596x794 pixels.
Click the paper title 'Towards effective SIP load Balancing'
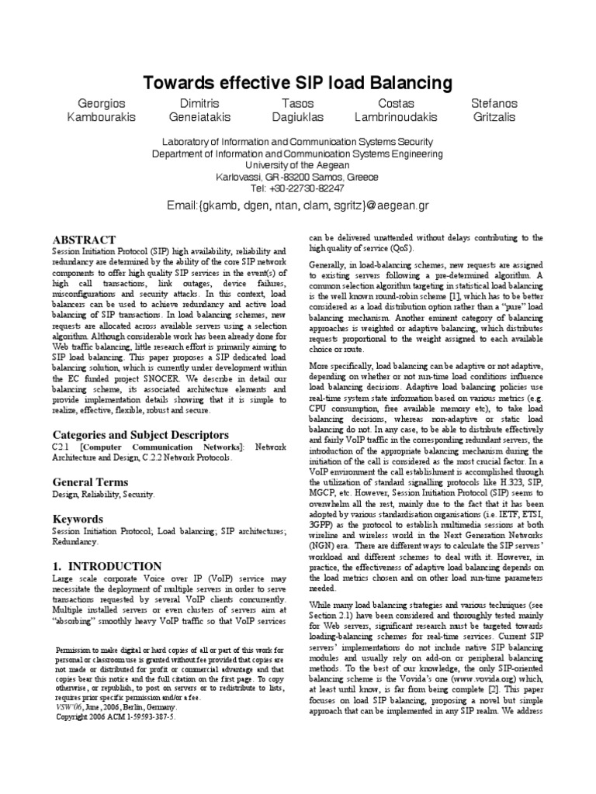pyautogui.click(x=298, y=83)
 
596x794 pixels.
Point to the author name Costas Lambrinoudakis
pyautogui.click(x=396, y=110)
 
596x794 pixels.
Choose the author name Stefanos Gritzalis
pyautogui.click(x=494, y=110)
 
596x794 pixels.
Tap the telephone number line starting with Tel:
pyautogui.click(x=298, y=188)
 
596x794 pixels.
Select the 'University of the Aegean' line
pyautogui.click(x=298, y=165)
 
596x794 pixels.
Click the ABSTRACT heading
pyautogui.click(x=83, y=240)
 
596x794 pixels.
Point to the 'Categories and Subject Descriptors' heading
pyautogui.click(x=140, y=434)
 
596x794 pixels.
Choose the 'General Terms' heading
pyautogui.click(x=89, y=482)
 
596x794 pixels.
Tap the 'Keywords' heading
pyautogui.click(x=78, y=518)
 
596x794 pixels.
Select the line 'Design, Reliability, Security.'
pyautogui.click(x=103, y=494)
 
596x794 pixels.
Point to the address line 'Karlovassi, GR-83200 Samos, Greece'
pyautogui.click(x=298, y=177)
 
